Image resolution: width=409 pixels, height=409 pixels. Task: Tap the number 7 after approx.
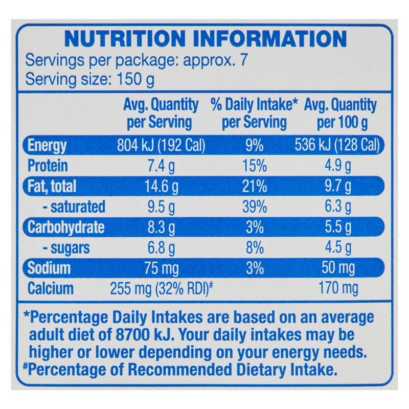[243, 60]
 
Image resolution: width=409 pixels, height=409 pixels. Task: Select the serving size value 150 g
[135, 79]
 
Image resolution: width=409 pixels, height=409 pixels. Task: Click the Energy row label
[47, 146]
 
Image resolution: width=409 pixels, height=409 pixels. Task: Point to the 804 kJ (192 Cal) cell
[161, 145]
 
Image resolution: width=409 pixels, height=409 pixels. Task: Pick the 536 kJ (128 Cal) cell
[337, 145]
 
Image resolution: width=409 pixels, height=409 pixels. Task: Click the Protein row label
[48, 166]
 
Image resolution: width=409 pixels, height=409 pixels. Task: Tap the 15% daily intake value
[255, 166]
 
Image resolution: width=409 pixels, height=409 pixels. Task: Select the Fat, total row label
[52, 186]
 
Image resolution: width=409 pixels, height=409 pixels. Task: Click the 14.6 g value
[161, 187]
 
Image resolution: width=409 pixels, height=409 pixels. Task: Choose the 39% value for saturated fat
[255, 207]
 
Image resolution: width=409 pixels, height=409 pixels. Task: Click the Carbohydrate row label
[66, 227]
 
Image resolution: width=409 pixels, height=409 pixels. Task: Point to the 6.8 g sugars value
[161, 248]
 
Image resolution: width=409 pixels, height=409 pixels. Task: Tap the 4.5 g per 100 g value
[338, 247]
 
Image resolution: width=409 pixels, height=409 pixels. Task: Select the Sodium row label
[49, 268]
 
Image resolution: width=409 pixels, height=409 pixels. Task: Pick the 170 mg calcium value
[338, 289]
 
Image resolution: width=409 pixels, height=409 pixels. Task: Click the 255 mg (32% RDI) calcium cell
[161, 289]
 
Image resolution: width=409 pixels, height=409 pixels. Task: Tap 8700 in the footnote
[132, 335]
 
